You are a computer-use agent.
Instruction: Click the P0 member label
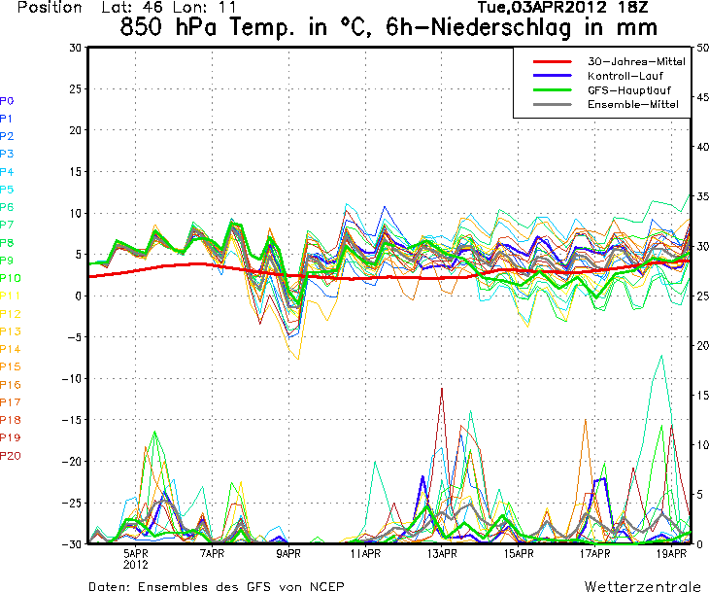point(7,100)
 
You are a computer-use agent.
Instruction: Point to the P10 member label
point(11,278)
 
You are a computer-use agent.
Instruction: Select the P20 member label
point(11,455)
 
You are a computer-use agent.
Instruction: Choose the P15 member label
point(11,366)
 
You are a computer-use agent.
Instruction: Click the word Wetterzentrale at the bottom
point(642,586)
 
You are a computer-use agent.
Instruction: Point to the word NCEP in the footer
point(324,586)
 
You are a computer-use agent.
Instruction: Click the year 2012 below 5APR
point(136,564)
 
